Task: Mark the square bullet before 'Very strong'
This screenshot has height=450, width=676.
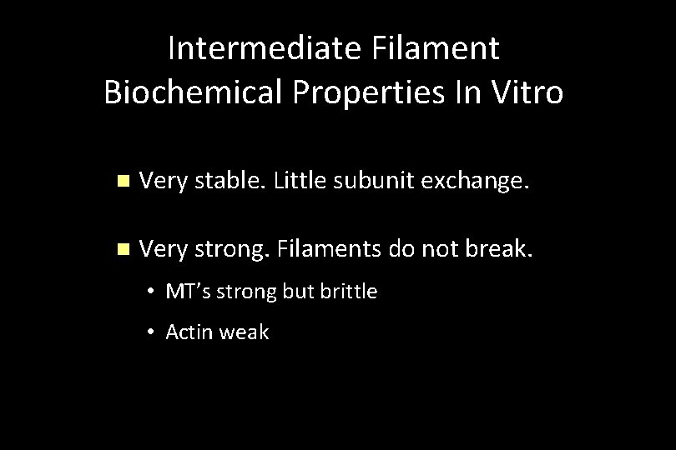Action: pyautogui.click(x=124, y=249)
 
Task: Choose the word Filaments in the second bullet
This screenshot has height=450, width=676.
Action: pyautogui.click(x=320, y=248)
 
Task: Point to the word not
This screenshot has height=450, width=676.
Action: pyautogui.click(x=431, y=248)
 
